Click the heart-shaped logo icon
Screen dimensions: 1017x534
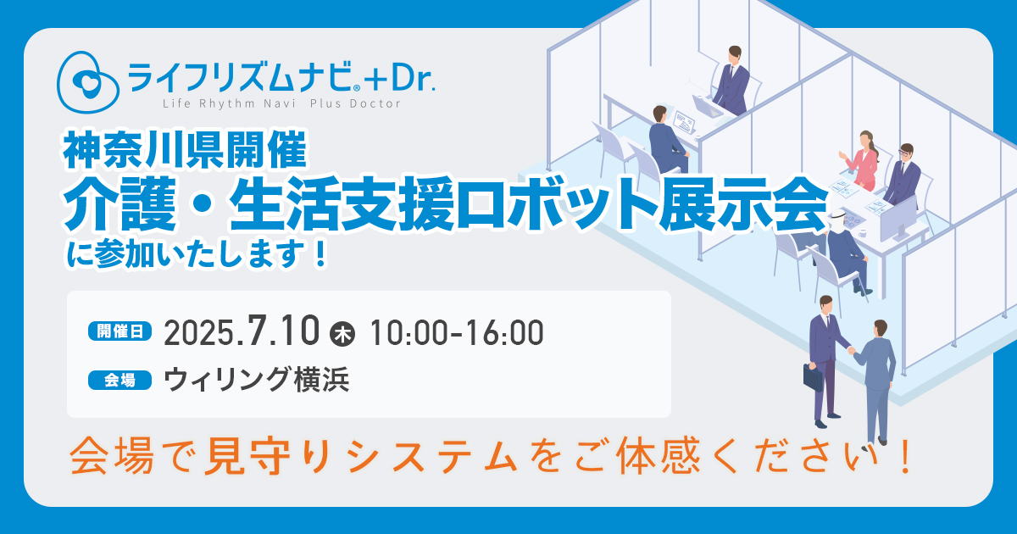[87, 81]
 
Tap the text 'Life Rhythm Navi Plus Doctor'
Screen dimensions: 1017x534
[282, 104]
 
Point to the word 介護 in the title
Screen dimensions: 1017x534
[119, 203]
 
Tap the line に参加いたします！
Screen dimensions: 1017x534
[197, 253]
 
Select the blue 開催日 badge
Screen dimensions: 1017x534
[119, 331]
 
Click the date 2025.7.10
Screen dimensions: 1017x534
[242, 332]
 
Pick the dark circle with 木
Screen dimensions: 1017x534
[342, 334]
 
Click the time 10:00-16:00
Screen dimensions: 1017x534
[457, 333]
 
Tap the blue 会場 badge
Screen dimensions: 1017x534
[119, 380]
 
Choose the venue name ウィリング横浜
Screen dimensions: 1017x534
[257, 379]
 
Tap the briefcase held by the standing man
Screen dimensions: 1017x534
[813, 376]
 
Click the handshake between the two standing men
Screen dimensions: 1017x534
[851, 350]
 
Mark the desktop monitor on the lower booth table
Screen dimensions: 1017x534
[898, 220]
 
